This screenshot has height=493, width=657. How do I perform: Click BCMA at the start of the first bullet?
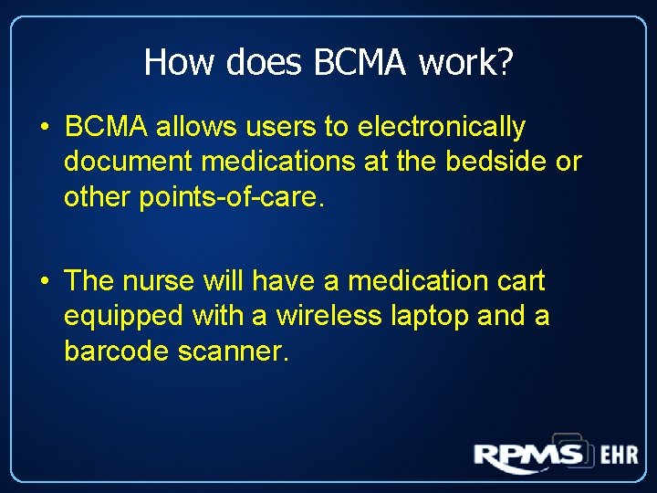coord(106,126)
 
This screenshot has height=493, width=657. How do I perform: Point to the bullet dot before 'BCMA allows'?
coord(44,127)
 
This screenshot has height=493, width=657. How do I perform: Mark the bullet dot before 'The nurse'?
coord(44,280)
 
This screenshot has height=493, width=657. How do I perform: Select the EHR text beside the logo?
coord(619,455)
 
